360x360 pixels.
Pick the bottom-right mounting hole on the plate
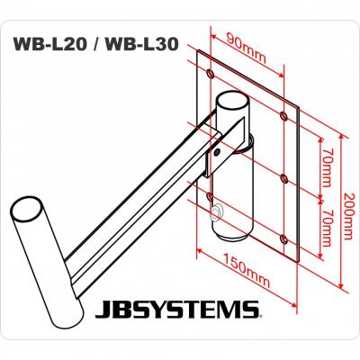pyautogui.click(x=284, y=238)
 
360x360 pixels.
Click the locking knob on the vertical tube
pyautogui.click(x=214, y=212)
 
